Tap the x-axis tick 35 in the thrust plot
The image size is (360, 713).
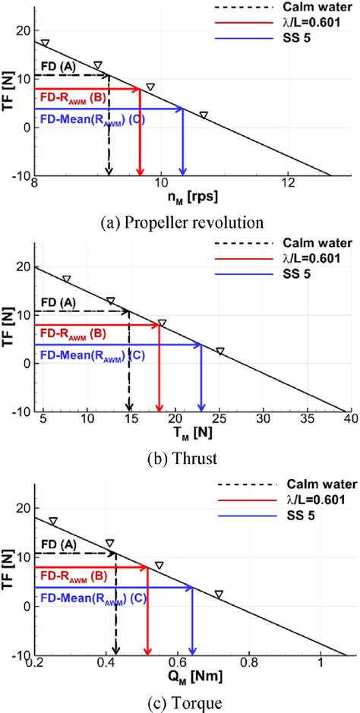coord(263,419)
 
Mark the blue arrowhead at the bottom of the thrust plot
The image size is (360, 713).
coord(201,406)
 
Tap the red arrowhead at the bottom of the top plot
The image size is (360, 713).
coord(141,170)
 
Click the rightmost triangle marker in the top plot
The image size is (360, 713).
coord(204,115)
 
